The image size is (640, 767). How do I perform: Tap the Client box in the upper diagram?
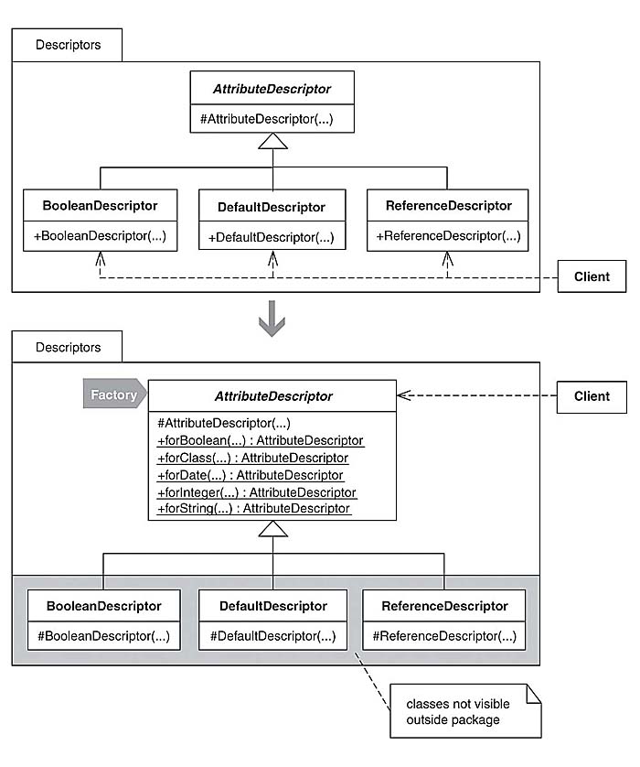[x=592, y=276]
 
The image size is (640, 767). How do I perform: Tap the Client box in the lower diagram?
[x=592, y=396]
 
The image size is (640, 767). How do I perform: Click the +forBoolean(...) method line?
[x=261, y=440]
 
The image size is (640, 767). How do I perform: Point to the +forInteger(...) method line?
[x=257, y=492]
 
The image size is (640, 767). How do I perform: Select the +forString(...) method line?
[x=254, y=508]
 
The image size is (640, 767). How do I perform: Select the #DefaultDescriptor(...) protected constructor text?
[x=272, y=637]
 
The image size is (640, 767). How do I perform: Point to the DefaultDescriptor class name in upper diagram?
[x=272, y=207]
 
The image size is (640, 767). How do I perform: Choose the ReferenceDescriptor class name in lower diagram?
[x=444, y=606]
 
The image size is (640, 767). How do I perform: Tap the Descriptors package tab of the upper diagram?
[x=67, y=44]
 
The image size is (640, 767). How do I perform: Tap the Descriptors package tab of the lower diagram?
[x=67, y=348]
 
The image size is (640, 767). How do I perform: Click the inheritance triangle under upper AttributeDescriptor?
[x=273, y=141]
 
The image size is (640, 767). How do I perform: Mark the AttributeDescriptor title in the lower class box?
[x=272, y=396]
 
